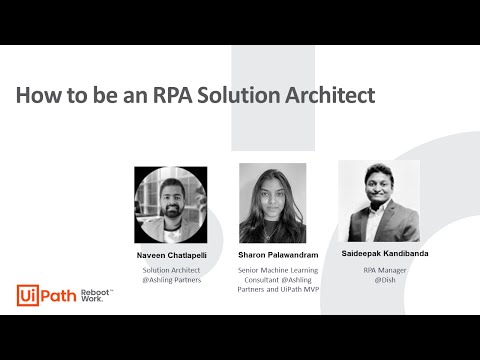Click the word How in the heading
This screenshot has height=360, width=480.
coord(38,96)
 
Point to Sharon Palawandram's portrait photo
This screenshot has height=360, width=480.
coord(272,203)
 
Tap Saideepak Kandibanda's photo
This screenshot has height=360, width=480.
coord(379,201)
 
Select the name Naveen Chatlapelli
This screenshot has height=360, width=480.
coord(171,256)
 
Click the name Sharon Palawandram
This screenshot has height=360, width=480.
coord(272,256)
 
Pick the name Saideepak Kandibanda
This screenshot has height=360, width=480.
coord(385,254)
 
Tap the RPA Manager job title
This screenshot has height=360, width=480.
coord(384,269)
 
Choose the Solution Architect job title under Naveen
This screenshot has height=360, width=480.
coord(171,269)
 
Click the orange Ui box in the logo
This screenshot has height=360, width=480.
coord(28,295)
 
